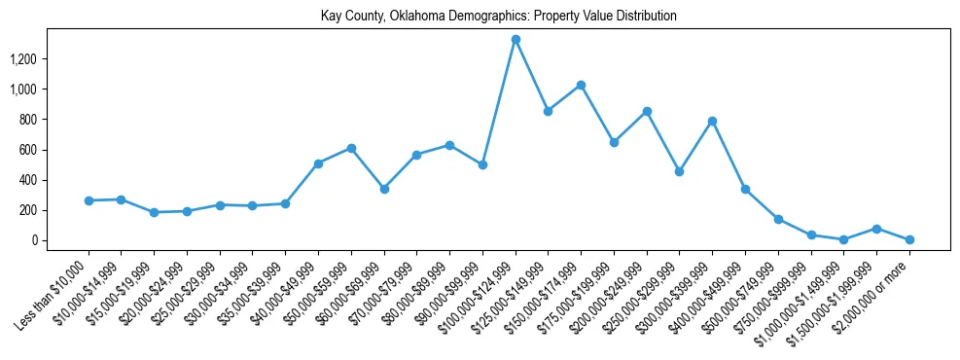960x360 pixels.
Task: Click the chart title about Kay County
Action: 498,17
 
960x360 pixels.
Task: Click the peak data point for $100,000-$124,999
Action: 516,40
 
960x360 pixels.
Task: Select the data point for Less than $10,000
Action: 89,200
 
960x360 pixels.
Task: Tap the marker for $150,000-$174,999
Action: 581,85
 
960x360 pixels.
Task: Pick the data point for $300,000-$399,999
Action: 712,121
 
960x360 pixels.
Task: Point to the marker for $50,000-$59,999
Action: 351,148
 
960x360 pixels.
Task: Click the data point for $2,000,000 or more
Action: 909,239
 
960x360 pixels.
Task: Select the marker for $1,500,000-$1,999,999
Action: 876,229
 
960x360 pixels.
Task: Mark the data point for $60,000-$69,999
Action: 384,189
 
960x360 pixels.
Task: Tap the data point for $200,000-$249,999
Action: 647,111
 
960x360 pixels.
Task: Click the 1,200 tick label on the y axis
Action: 50,59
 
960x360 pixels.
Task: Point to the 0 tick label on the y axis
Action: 60,240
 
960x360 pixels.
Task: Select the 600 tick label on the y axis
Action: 54,150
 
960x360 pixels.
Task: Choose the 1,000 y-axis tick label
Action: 50,90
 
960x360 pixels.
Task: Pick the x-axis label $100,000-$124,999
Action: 478,293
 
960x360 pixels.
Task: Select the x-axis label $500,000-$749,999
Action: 740,293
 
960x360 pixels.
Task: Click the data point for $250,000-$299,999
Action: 679,171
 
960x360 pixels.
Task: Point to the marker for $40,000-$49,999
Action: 318,163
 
